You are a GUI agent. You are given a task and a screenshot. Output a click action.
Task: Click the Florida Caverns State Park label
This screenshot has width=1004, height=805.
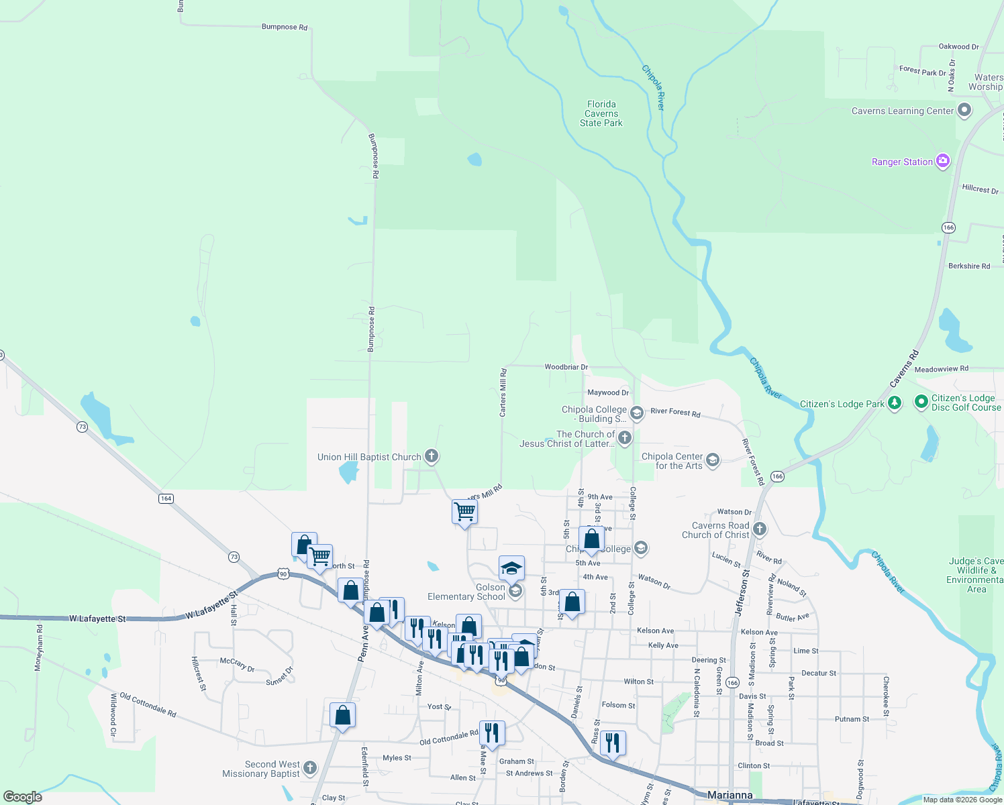(601, 113)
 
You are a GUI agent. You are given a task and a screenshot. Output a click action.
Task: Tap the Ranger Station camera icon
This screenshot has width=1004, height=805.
(943, 161)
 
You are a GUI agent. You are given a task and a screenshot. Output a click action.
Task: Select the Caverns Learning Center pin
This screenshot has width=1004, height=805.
(964, 110)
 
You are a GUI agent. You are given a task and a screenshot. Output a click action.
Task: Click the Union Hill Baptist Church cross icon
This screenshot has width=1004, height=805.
(432, 456)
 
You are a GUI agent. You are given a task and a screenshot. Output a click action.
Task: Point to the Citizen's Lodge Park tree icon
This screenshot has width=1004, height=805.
(894, 403)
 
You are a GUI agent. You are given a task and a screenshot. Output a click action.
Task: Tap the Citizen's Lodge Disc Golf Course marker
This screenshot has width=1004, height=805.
(920, 402)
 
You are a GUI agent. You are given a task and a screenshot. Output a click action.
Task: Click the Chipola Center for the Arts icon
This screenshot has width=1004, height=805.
(713, 460)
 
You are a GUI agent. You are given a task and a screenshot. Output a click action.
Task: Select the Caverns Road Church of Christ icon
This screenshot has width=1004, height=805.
(759, 529)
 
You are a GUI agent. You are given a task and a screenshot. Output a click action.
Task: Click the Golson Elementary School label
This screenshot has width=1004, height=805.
(466, 592)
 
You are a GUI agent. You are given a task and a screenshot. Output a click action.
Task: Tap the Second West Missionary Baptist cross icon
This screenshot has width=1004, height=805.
(309, 767)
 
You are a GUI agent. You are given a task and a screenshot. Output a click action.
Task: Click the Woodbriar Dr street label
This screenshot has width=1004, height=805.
(566, 367)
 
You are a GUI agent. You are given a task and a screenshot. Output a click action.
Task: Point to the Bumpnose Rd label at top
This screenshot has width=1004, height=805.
(284, 27)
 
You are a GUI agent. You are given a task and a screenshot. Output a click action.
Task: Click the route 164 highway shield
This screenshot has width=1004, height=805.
(166, 498)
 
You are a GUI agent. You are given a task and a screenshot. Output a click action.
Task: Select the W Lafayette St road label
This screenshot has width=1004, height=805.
(97, 619)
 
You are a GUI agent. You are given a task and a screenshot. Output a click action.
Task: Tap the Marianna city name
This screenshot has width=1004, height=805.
(730, 795)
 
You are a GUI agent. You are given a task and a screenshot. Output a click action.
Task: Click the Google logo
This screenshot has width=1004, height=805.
(23, 797)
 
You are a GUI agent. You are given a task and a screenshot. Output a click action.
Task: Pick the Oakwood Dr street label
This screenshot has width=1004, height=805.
(958, 47)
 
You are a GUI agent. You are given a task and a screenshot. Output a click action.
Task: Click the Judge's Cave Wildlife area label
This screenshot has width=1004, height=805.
(976, 575)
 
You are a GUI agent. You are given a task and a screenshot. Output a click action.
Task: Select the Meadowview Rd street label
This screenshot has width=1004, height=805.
(941, 369)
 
